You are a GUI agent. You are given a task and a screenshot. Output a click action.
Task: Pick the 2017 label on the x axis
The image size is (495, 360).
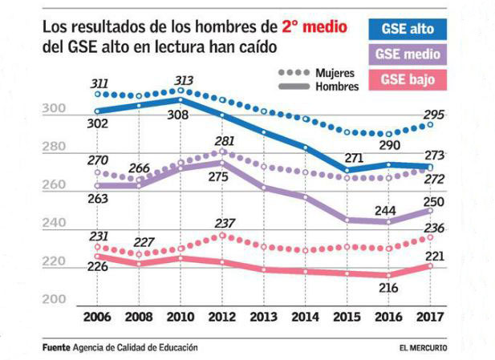[x=430, y=317]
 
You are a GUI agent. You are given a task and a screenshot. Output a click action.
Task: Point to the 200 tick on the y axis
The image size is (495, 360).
[x=52, y=298]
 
